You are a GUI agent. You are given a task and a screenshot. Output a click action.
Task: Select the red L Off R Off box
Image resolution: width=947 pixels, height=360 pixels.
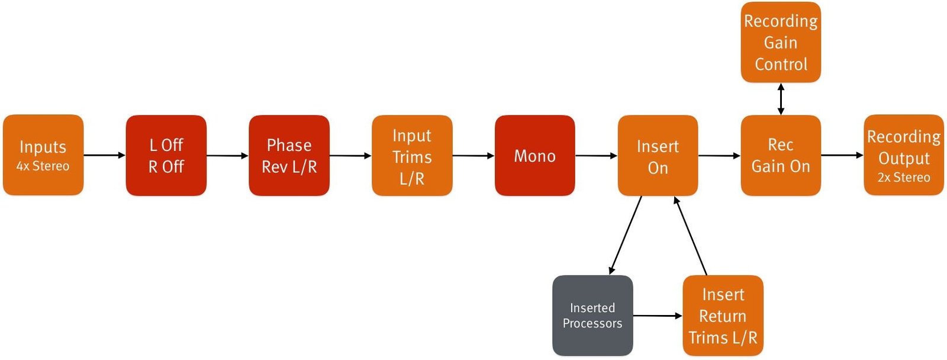tap(166, 155)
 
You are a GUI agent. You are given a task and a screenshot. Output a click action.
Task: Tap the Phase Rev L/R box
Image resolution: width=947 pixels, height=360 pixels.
tap(289, 155)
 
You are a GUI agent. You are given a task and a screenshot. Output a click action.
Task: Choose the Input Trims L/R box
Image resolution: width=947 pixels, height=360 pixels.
tap(412, 155)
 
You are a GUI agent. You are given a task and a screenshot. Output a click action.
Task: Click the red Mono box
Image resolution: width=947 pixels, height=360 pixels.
tap(534, 155)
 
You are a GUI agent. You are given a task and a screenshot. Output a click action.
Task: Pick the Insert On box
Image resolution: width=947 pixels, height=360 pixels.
tap(658, 155)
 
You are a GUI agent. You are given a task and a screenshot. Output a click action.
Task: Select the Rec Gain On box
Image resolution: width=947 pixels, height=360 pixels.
tap(781, 155)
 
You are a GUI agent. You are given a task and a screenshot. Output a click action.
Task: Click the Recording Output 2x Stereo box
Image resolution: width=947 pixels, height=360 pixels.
tap(904, 155)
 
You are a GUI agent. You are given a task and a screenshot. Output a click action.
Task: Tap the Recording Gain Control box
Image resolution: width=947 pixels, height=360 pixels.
tap(781, 42)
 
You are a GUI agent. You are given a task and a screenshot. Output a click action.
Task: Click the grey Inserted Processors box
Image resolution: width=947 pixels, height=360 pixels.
tap(592, 315)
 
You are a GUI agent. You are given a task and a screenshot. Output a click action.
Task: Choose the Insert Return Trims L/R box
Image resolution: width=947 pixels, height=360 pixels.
tap(723, 315)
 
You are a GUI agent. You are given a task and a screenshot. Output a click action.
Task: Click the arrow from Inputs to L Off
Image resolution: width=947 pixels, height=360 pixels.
tap(104, 155)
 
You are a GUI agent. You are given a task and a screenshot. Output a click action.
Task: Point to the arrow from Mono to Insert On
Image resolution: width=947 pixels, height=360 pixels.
tap(596, 156)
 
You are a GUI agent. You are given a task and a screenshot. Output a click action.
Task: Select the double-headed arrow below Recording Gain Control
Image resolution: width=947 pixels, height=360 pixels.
tap(781, 99)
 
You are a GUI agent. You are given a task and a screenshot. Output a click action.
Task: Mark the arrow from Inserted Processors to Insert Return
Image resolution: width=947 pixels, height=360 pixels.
tap(658, 316)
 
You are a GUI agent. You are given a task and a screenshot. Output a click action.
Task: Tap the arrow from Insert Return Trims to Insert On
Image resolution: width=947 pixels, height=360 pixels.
tap(690, 236)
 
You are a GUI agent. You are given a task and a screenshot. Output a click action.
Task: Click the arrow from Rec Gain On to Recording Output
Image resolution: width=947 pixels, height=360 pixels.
tap(842, 155)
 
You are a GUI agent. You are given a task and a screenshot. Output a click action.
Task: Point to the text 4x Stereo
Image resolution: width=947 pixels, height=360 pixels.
tap(43, 166)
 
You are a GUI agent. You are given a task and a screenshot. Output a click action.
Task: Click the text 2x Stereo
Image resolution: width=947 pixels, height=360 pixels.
tap(904, 178)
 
